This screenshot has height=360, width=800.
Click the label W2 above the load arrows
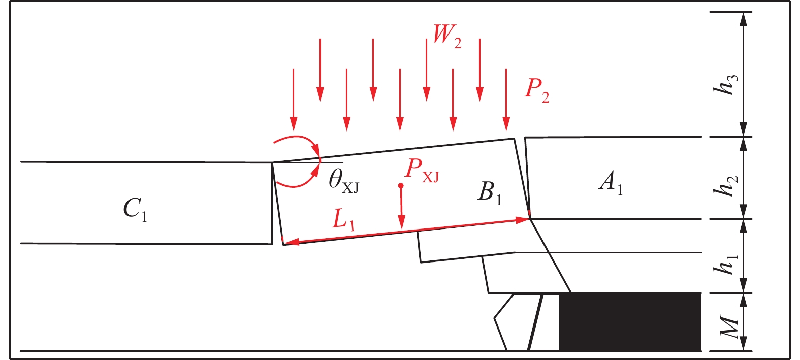(446, 36)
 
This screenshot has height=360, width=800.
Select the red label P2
(536, 90)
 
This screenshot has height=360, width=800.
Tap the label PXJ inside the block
(421, 170)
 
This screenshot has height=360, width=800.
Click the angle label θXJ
(343, 181)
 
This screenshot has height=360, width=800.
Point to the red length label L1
(344, 220)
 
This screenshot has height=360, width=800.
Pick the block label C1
(135, 209)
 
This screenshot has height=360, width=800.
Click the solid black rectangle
(630, 322)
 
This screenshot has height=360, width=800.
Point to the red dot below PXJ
(401, 186)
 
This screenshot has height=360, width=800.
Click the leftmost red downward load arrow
(293, 99)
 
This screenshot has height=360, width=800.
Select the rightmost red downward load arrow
(506, 99)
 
